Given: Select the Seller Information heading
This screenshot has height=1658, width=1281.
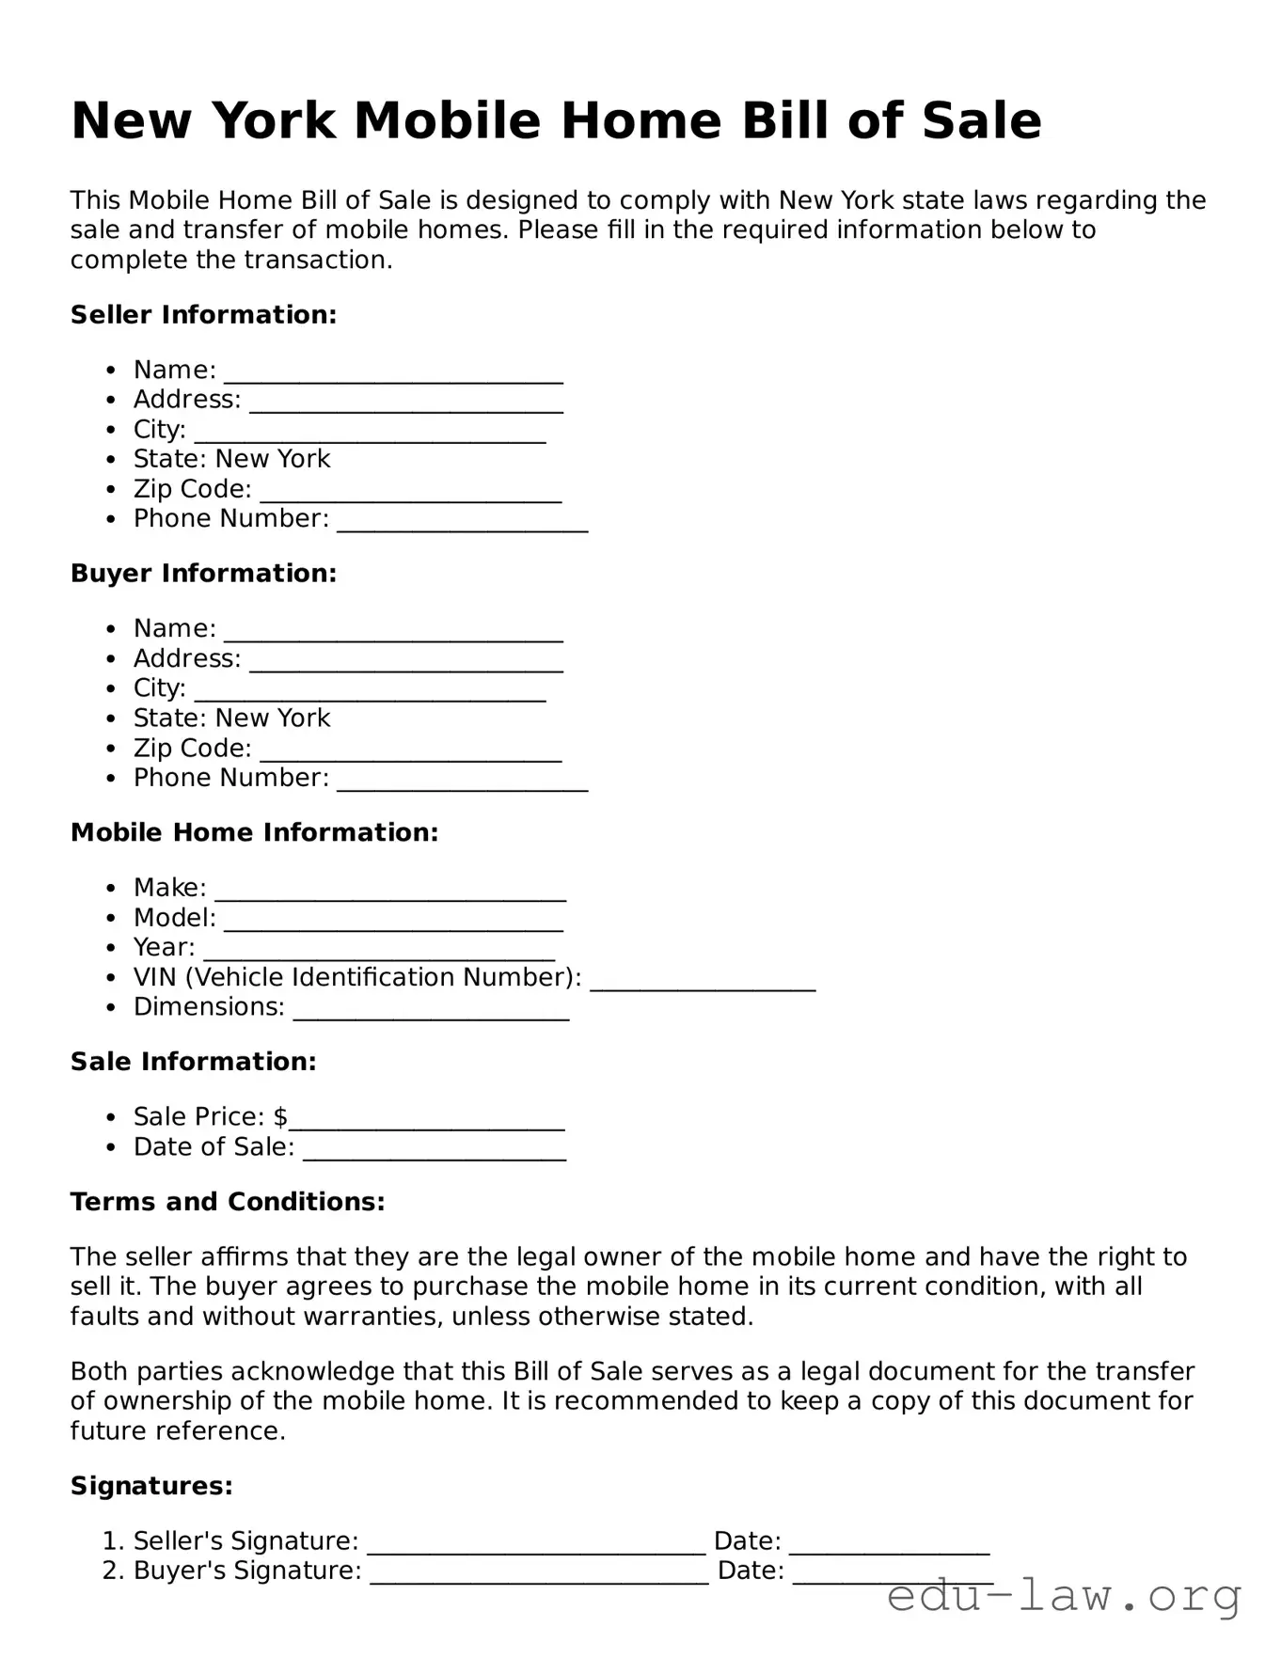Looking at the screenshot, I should (203, 314).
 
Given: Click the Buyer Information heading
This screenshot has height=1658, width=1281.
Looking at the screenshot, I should (203, 573).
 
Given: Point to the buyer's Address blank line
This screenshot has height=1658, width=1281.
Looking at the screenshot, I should (406, 663).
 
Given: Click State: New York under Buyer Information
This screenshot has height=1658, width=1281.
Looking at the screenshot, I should (231, 718).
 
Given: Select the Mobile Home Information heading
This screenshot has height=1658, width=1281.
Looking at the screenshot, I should (254, 832).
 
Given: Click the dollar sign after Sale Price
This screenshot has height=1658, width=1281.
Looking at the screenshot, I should (280, 1116).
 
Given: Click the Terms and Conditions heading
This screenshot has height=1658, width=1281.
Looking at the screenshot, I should (228, 1202).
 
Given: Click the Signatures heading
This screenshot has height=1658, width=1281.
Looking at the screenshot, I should (151, 1486).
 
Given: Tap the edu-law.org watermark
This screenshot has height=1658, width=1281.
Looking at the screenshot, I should (1064, 1596).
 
